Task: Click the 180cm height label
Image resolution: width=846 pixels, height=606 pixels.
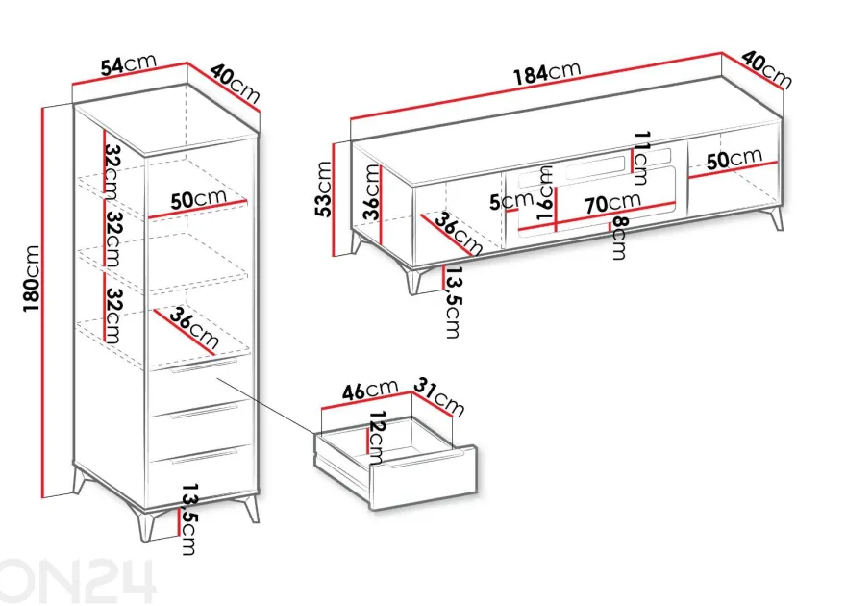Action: (x=32, y=278)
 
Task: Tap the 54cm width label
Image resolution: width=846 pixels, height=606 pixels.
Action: (x=129, y=64)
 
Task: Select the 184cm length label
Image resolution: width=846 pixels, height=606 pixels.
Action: (x=547, y=73)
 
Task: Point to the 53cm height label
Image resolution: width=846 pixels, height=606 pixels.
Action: (x=323, y=189)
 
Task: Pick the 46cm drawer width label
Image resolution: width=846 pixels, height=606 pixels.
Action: (x=370, y=391)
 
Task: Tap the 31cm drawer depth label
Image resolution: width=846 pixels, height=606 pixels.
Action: (x=439, y=397)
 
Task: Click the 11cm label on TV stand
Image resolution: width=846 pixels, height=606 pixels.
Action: (x=641, y=158)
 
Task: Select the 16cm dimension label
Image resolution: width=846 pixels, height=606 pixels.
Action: (x=545, y=192)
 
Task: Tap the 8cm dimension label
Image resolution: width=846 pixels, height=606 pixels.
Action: (x=620, y=238)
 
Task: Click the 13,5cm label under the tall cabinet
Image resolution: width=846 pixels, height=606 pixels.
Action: (x=187, y=518)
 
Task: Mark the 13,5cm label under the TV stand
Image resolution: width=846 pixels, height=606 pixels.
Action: (x=452, y=302)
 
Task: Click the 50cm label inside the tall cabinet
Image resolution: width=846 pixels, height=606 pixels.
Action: (x=198, y=199)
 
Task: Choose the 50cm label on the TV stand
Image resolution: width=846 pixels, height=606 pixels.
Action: (x=734, y=159)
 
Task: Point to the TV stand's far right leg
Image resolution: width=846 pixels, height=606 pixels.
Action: (x=776, y=218)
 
